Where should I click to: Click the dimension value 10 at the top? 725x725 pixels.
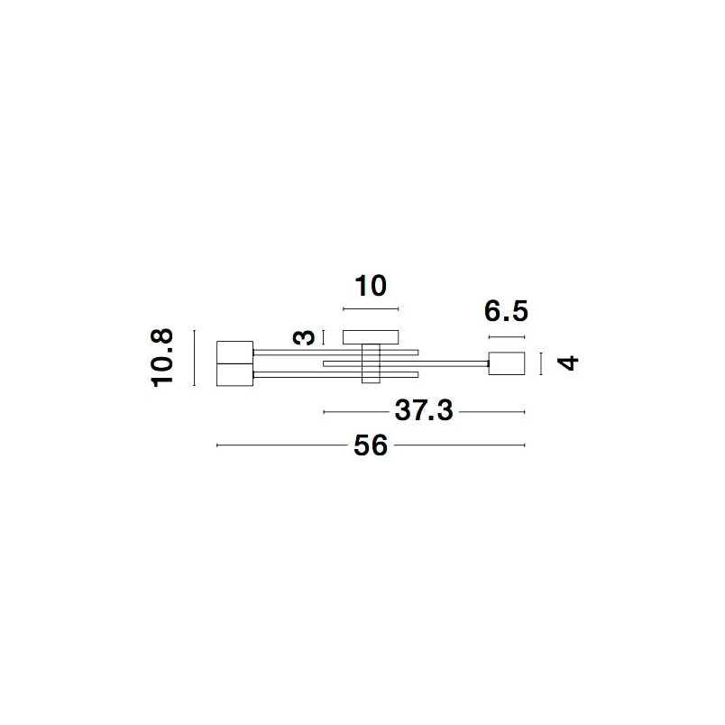pyautogui.click(x=371, y=286)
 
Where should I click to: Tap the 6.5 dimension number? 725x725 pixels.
pyautogui.click(x=506, y=311)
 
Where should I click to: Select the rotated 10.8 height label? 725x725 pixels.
pyautogui.click(x=162, y=357)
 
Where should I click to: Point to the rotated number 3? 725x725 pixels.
pyautogui.click(x=304, y=338)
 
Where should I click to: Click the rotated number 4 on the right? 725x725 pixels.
pyautogui.click(x=568, y=363)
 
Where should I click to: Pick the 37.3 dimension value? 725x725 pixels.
pyautogui.click(x=424, y=410)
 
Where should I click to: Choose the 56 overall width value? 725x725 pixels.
pyautogui.click(x=371, y=445)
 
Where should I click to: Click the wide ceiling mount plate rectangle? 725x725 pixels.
pyautogui.click(x=371, y=337)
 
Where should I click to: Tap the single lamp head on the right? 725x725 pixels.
pyautogui.click(x=507, y=363)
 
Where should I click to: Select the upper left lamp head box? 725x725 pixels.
pyautogui.click(x=234, y=352)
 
